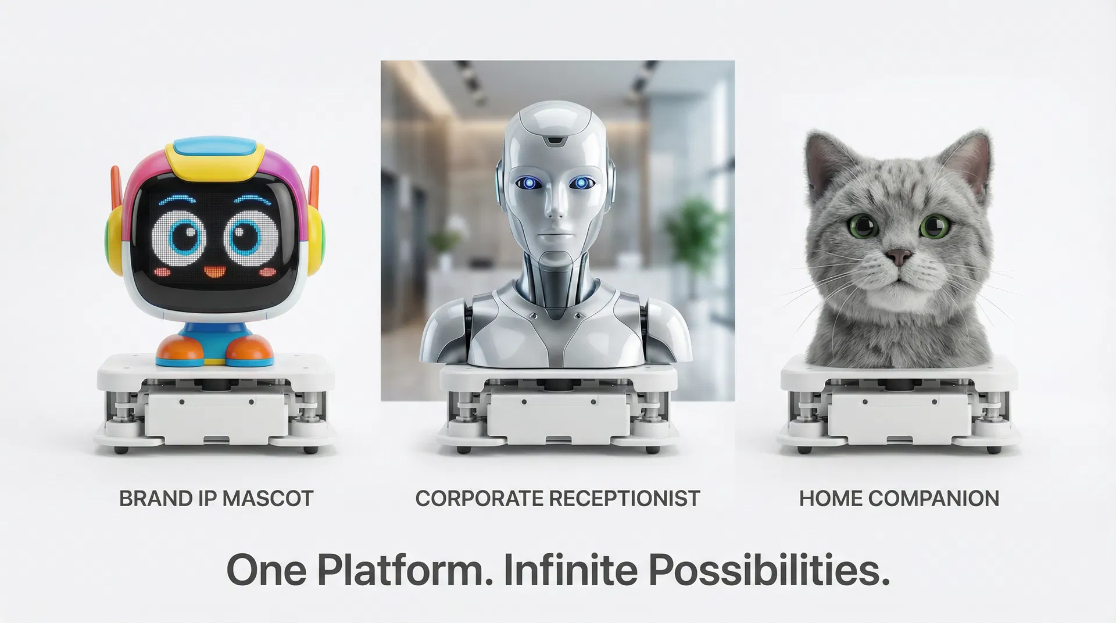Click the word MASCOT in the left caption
pyautogui.click(x=268, y=499)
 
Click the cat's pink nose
pyautogui.click(x=899, y=255)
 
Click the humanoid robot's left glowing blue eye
pyautogui.click(x=530, y=184)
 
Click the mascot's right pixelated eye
pyautogui.click(x=253, y=236)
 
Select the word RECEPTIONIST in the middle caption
pyautogui.click(x=624, y=499)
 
